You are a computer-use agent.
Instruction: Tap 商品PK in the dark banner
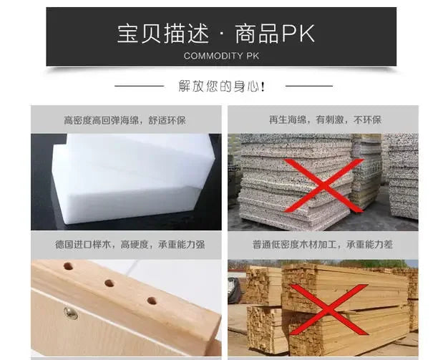(275, 34)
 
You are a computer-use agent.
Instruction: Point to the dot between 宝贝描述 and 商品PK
(220, 35)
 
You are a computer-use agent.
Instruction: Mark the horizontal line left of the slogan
(140, 87)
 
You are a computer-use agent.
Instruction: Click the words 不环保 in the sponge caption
(368, 120)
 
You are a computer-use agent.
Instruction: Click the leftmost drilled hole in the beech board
(68, 266)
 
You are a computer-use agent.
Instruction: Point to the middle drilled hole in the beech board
(109, 283)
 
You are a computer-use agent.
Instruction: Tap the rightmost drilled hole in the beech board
(152, 300)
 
